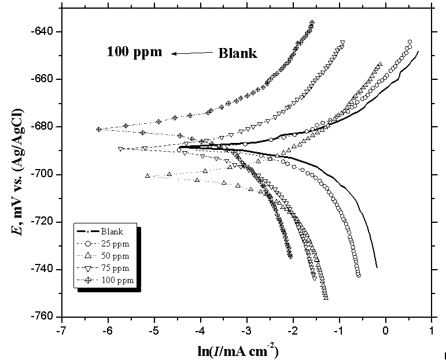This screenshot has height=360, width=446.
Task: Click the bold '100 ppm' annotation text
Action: point(134,52)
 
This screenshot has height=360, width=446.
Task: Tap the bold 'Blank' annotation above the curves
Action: point(237,54)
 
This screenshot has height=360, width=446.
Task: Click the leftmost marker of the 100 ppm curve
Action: point(99,129)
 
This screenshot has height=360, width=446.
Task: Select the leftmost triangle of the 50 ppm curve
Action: point(148,175)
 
